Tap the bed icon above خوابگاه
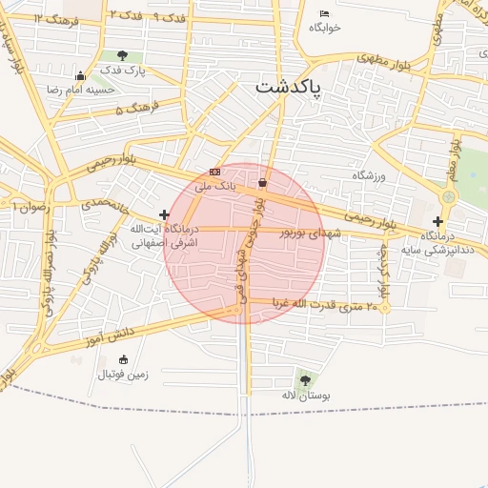click(x=324, y=13)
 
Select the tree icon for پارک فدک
click(x=122, y=56)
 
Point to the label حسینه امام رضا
click(x=81, y=89)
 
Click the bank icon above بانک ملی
click(x=214, y=172)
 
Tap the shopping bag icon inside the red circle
click(x=262, y=182)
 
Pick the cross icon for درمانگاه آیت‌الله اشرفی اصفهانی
click(x=165, y=214)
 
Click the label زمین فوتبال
click(x=122, y=375)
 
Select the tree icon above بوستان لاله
click(x=303, y=378)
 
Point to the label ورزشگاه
click(x=372, y=175)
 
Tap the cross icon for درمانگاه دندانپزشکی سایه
click(x=437, y=221)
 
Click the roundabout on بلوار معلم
click(x=448, y=195)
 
